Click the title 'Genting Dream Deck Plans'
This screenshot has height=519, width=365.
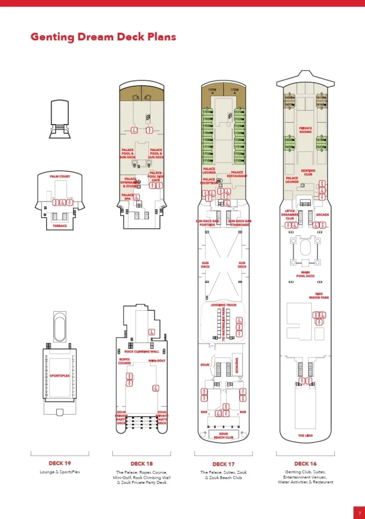(x=103, y=36)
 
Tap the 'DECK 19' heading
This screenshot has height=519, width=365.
(x=60, y=463)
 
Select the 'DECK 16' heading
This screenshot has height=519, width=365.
(x=305, y=463)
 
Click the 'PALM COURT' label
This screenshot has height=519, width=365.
(x=60, y=176)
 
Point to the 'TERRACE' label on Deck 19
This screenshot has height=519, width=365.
(x=60, y=226)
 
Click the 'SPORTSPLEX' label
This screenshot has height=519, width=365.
(x=60, y=376)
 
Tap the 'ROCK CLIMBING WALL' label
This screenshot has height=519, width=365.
(x=142, y=351)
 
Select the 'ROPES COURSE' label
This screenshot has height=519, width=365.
(x=125, y=361)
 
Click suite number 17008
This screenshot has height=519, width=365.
(x=212, y=90)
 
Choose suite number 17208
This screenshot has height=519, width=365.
(x=234, y=90)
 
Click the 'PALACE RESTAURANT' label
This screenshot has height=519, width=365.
(x=237, y=174)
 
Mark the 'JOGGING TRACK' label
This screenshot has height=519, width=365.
(x=223, y=305)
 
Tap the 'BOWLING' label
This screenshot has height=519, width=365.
(x=237, y=364)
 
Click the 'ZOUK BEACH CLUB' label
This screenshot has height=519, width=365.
(x=223, y=435)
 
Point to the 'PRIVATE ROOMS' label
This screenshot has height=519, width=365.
(x=305, y=130)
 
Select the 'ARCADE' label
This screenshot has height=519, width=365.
(x=322, y=215)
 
